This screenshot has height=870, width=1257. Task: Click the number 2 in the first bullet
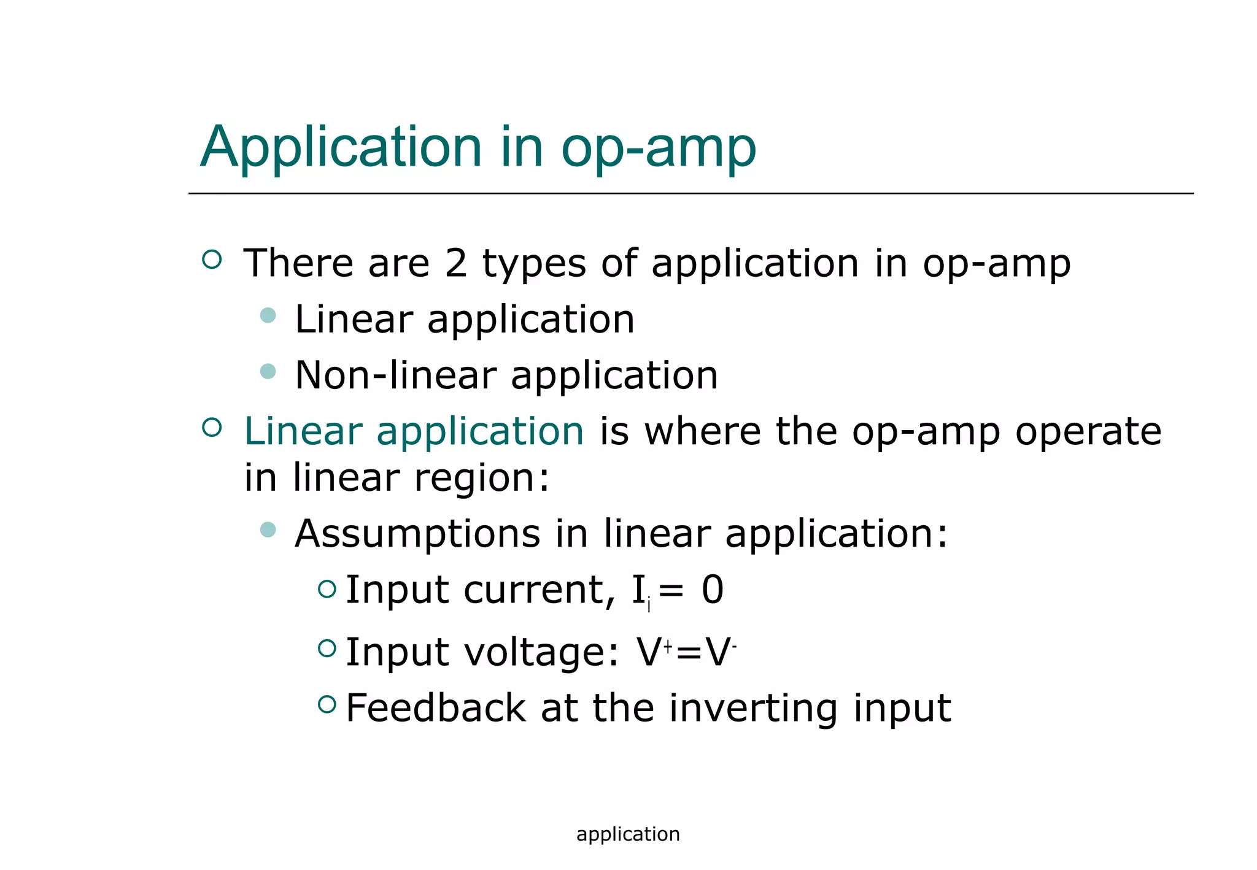point(455,263)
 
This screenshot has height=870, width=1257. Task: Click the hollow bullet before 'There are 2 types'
point(212,259)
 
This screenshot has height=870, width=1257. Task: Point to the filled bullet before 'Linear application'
point(268,315)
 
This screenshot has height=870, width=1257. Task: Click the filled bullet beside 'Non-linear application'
point(268,371)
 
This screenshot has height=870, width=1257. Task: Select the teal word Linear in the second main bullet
point(303,431)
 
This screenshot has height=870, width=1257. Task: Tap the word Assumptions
point(417,534)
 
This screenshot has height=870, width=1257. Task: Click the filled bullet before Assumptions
point(268,529)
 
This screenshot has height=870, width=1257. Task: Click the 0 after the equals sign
point(713,590)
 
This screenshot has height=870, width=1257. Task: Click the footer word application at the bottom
point(628,834)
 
